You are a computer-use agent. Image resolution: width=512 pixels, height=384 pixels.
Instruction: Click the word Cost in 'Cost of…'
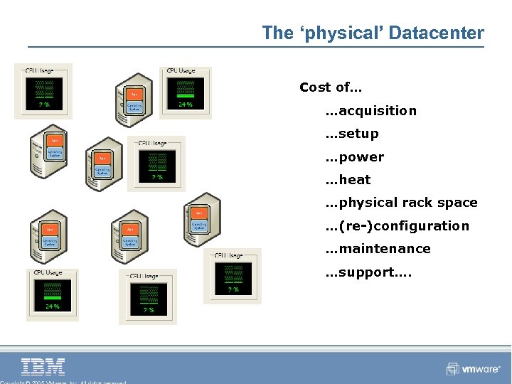pyautogui.click(x=315, y=87)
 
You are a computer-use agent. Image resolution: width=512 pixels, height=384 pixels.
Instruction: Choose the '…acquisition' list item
pyautogui.click(x=370, y=111)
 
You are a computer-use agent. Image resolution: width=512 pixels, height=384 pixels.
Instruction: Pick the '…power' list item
pyautogui.click(x=354, y=157)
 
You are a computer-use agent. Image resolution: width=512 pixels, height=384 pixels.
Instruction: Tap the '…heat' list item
pyautogui.click(x=348, y=180)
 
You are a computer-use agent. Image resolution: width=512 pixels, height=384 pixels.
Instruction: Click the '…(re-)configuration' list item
pyautogui.click(x=397, y=226)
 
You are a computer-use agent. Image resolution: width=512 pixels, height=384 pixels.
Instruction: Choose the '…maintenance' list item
pyautogui.click(x=378, y=249)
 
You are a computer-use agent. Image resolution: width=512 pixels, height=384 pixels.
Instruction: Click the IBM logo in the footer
pyautogui.click(x=43, y=367)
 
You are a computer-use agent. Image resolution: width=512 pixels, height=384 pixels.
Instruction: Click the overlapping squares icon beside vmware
pyautogui.click(x=453, y=368)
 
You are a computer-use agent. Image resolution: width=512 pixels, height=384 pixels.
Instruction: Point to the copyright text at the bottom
pyautogui.click(x=64, y=382)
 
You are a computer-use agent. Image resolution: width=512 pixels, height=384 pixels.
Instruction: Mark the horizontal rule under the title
pyautogui.click(x=256, y=47)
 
